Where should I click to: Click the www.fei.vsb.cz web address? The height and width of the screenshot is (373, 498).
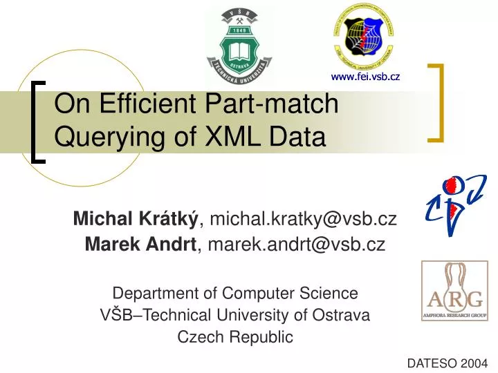pos(366,77)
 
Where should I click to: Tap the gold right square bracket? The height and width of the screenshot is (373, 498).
pos(436,102)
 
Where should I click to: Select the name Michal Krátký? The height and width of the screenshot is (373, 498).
pos(136,220)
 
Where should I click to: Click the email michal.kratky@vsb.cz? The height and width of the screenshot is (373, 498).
pos(302,220)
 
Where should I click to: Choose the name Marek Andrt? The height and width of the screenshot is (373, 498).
pos(141,245)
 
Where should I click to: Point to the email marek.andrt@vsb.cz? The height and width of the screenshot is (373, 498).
pos(296,245)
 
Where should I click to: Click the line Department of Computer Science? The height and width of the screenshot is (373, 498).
pos(235,294)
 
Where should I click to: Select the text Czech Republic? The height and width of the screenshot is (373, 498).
pos(235,338)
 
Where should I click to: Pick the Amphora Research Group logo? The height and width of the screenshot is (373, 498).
pos(454,291)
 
